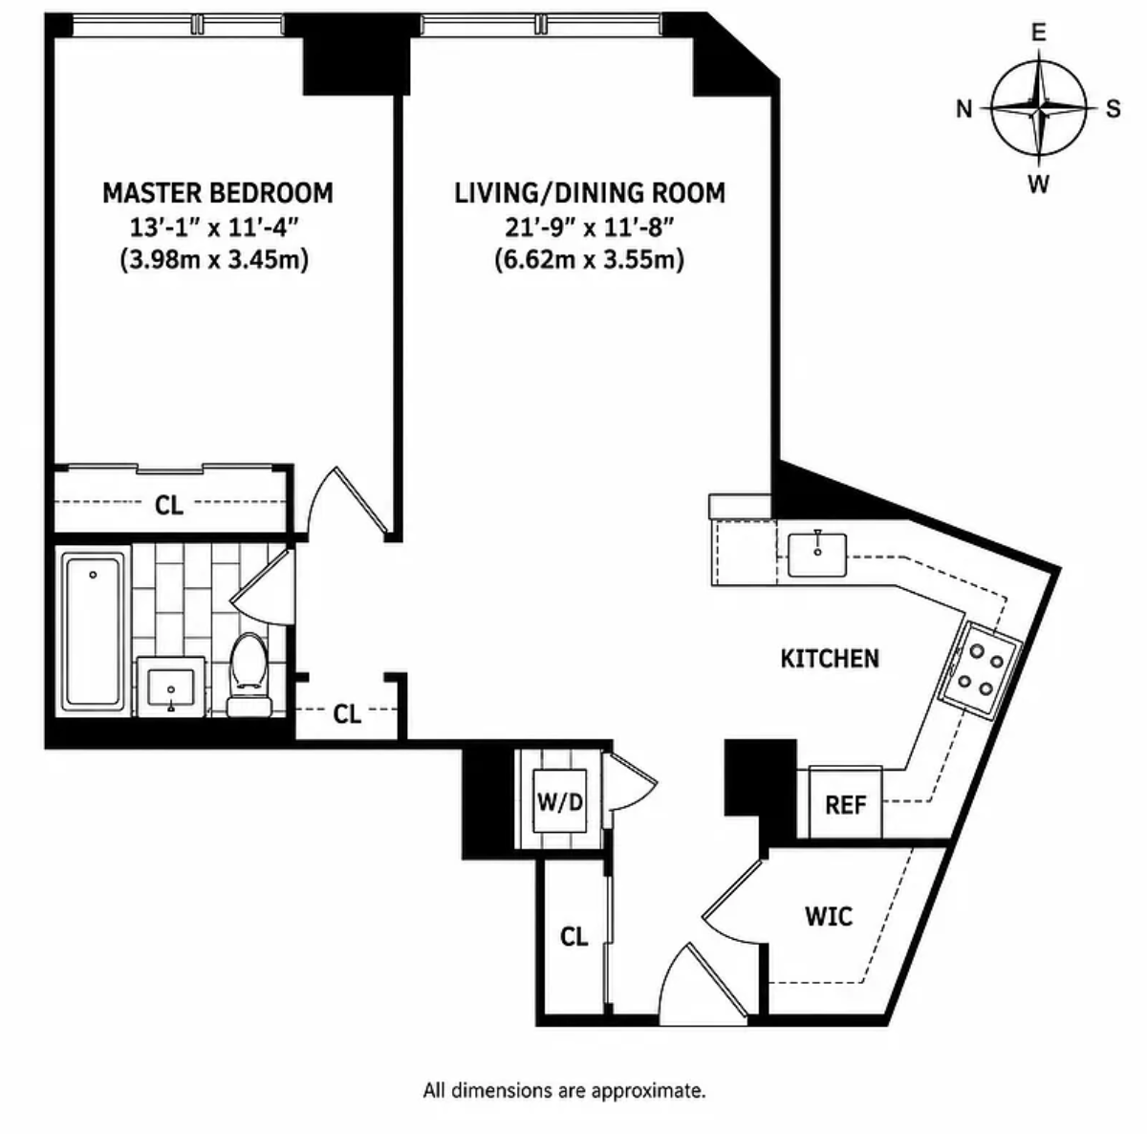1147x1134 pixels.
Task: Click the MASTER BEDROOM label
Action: [218, 193]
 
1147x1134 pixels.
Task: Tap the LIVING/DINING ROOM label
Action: [590, 193]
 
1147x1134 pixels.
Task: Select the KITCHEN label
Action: [830, 659]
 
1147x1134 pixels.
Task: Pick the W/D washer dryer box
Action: [559, 801]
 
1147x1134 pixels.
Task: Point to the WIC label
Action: [829, 916]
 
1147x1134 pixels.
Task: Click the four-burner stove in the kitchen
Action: [979, 671]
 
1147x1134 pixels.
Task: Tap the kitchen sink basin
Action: [817, 555]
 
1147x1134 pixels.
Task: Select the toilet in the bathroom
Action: [249, 675]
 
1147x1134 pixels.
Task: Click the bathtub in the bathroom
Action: [93, 631]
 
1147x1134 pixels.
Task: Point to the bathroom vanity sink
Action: [171, 687]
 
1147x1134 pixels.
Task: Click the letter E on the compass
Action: [1039, 33]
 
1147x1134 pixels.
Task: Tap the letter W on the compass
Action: [1039, 184]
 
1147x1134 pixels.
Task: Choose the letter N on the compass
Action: [964, 109]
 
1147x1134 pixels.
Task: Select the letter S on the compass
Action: [1114, 109]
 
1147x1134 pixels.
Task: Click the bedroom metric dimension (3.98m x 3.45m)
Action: [214, 260]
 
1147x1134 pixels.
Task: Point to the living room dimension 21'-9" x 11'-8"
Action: [590, 227]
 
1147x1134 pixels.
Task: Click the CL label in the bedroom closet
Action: [169, 506]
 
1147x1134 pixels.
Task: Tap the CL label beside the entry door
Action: [573, 937]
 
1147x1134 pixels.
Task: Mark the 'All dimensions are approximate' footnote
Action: [564, 1091]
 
